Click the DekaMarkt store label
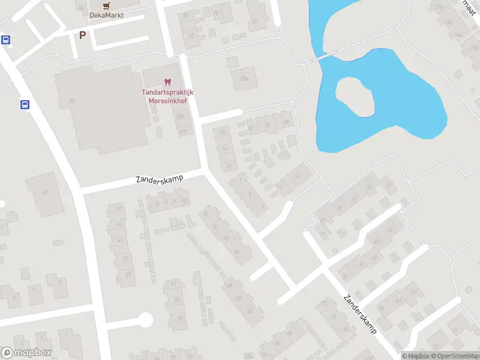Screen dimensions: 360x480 (106, 15)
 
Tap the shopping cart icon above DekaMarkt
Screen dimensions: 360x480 (106, 5)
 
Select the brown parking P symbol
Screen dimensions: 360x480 (82, 35)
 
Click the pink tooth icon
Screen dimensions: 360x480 (167, 82)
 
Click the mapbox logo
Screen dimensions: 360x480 (26, 353)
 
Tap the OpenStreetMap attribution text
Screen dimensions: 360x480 (455, 356)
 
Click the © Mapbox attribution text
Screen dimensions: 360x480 (416, 356)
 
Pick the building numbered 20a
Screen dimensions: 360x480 (244, 79)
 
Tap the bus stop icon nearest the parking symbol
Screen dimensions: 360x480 (6, 40)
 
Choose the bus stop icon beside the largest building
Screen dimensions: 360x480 (25, 105)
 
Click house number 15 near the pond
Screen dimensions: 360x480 (298, 176)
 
